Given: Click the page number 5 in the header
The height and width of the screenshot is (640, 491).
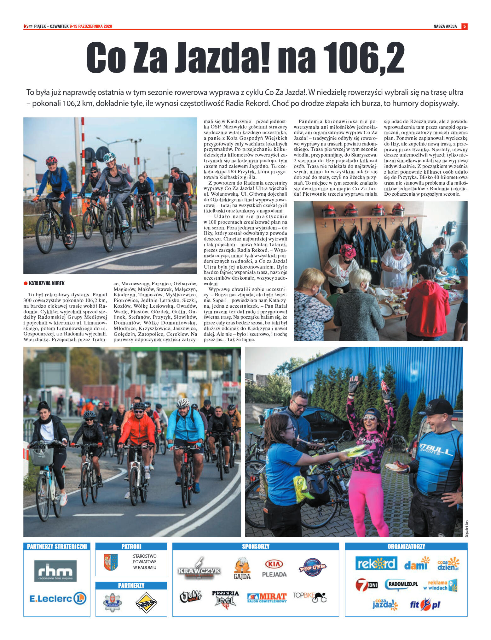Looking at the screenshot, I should click(464, 26).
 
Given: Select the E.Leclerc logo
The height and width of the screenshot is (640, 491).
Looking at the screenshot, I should click(57, 598).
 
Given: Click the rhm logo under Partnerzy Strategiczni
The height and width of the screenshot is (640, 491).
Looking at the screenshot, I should click(55, 571).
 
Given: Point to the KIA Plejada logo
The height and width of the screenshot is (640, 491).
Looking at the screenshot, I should click(274, 568).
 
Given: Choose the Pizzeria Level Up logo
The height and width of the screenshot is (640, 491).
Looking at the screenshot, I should click(225, 598).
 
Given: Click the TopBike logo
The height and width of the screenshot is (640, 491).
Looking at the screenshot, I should click(309, 597).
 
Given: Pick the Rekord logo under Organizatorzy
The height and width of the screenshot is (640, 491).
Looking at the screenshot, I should click(376, 564).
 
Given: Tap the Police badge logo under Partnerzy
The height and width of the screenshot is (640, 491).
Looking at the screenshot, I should click(112, 602).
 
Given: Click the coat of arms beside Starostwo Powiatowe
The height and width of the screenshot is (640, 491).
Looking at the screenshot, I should click(111, 562).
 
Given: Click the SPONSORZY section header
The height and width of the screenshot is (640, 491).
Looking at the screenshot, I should click(256, 546).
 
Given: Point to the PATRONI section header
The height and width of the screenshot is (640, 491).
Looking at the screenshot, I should click(131, 546).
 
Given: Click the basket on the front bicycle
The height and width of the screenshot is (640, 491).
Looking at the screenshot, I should click(41, 456).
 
